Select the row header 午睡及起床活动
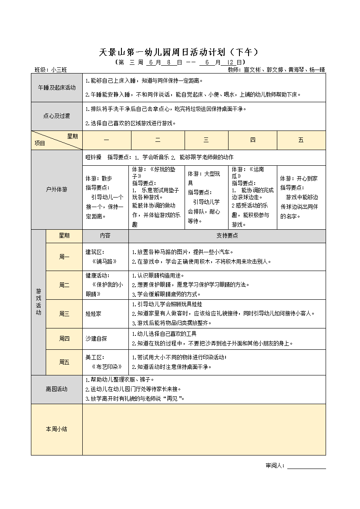pos(57,87)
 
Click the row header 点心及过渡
pos(57,116)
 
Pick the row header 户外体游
pos(57,190)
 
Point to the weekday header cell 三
pos(206,140)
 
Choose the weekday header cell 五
pos(301,140)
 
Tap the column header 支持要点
pos(227,235)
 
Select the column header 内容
pos(105,235)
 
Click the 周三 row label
pos(64,314)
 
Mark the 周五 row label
pos(64,362)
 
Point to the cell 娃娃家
pos(93,314)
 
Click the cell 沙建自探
pos(96,338)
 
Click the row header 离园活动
pos(57,389)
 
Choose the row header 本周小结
pos(57,429)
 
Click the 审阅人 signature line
pos(306,466)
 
